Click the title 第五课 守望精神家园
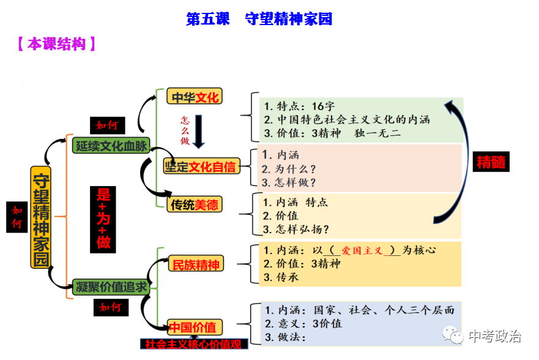tap(259, 19)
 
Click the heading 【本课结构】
tap(55, 44)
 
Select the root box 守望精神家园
tap(40, 218)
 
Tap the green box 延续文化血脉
tap(111, 144)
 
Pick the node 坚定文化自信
tap(199, 166)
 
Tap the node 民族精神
tap(195, 265)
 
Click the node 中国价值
tap(195, 327)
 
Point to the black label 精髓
tap(492, 162)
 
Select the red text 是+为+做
tap(103, 219)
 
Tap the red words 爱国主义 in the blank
tap(362, 250)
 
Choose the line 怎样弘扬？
tap(297, 230)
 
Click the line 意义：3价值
tap(303, 323)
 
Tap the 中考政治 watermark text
tap(494, 336)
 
